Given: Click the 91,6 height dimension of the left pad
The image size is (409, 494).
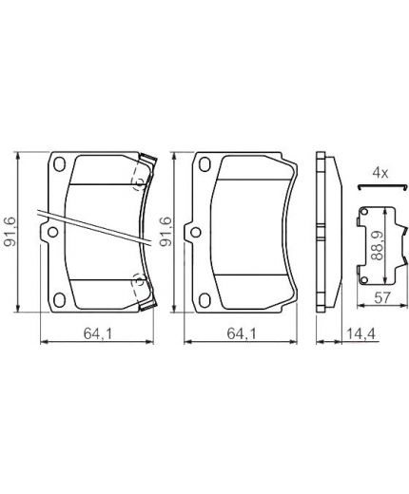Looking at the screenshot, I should click(x=11, y=232).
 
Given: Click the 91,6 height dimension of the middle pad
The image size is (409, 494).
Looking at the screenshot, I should click(x=166, y=232).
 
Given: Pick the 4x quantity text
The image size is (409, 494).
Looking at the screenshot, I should click(x=380, y=173).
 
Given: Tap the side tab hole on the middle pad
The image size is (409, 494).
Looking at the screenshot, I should click(x=193, y=231).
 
